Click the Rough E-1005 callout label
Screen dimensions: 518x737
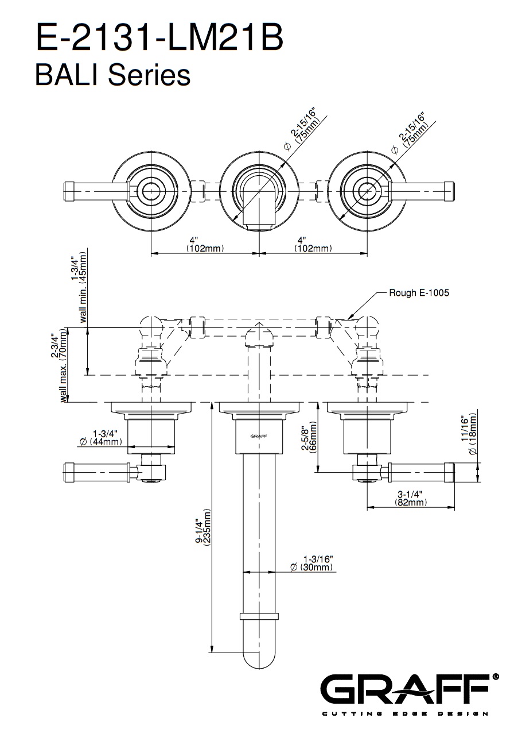(419, 292)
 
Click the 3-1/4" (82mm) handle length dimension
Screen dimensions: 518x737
(411, 498)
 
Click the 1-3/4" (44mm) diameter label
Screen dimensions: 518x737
(101, 437)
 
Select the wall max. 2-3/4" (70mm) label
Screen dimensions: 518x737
(60, 365)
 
